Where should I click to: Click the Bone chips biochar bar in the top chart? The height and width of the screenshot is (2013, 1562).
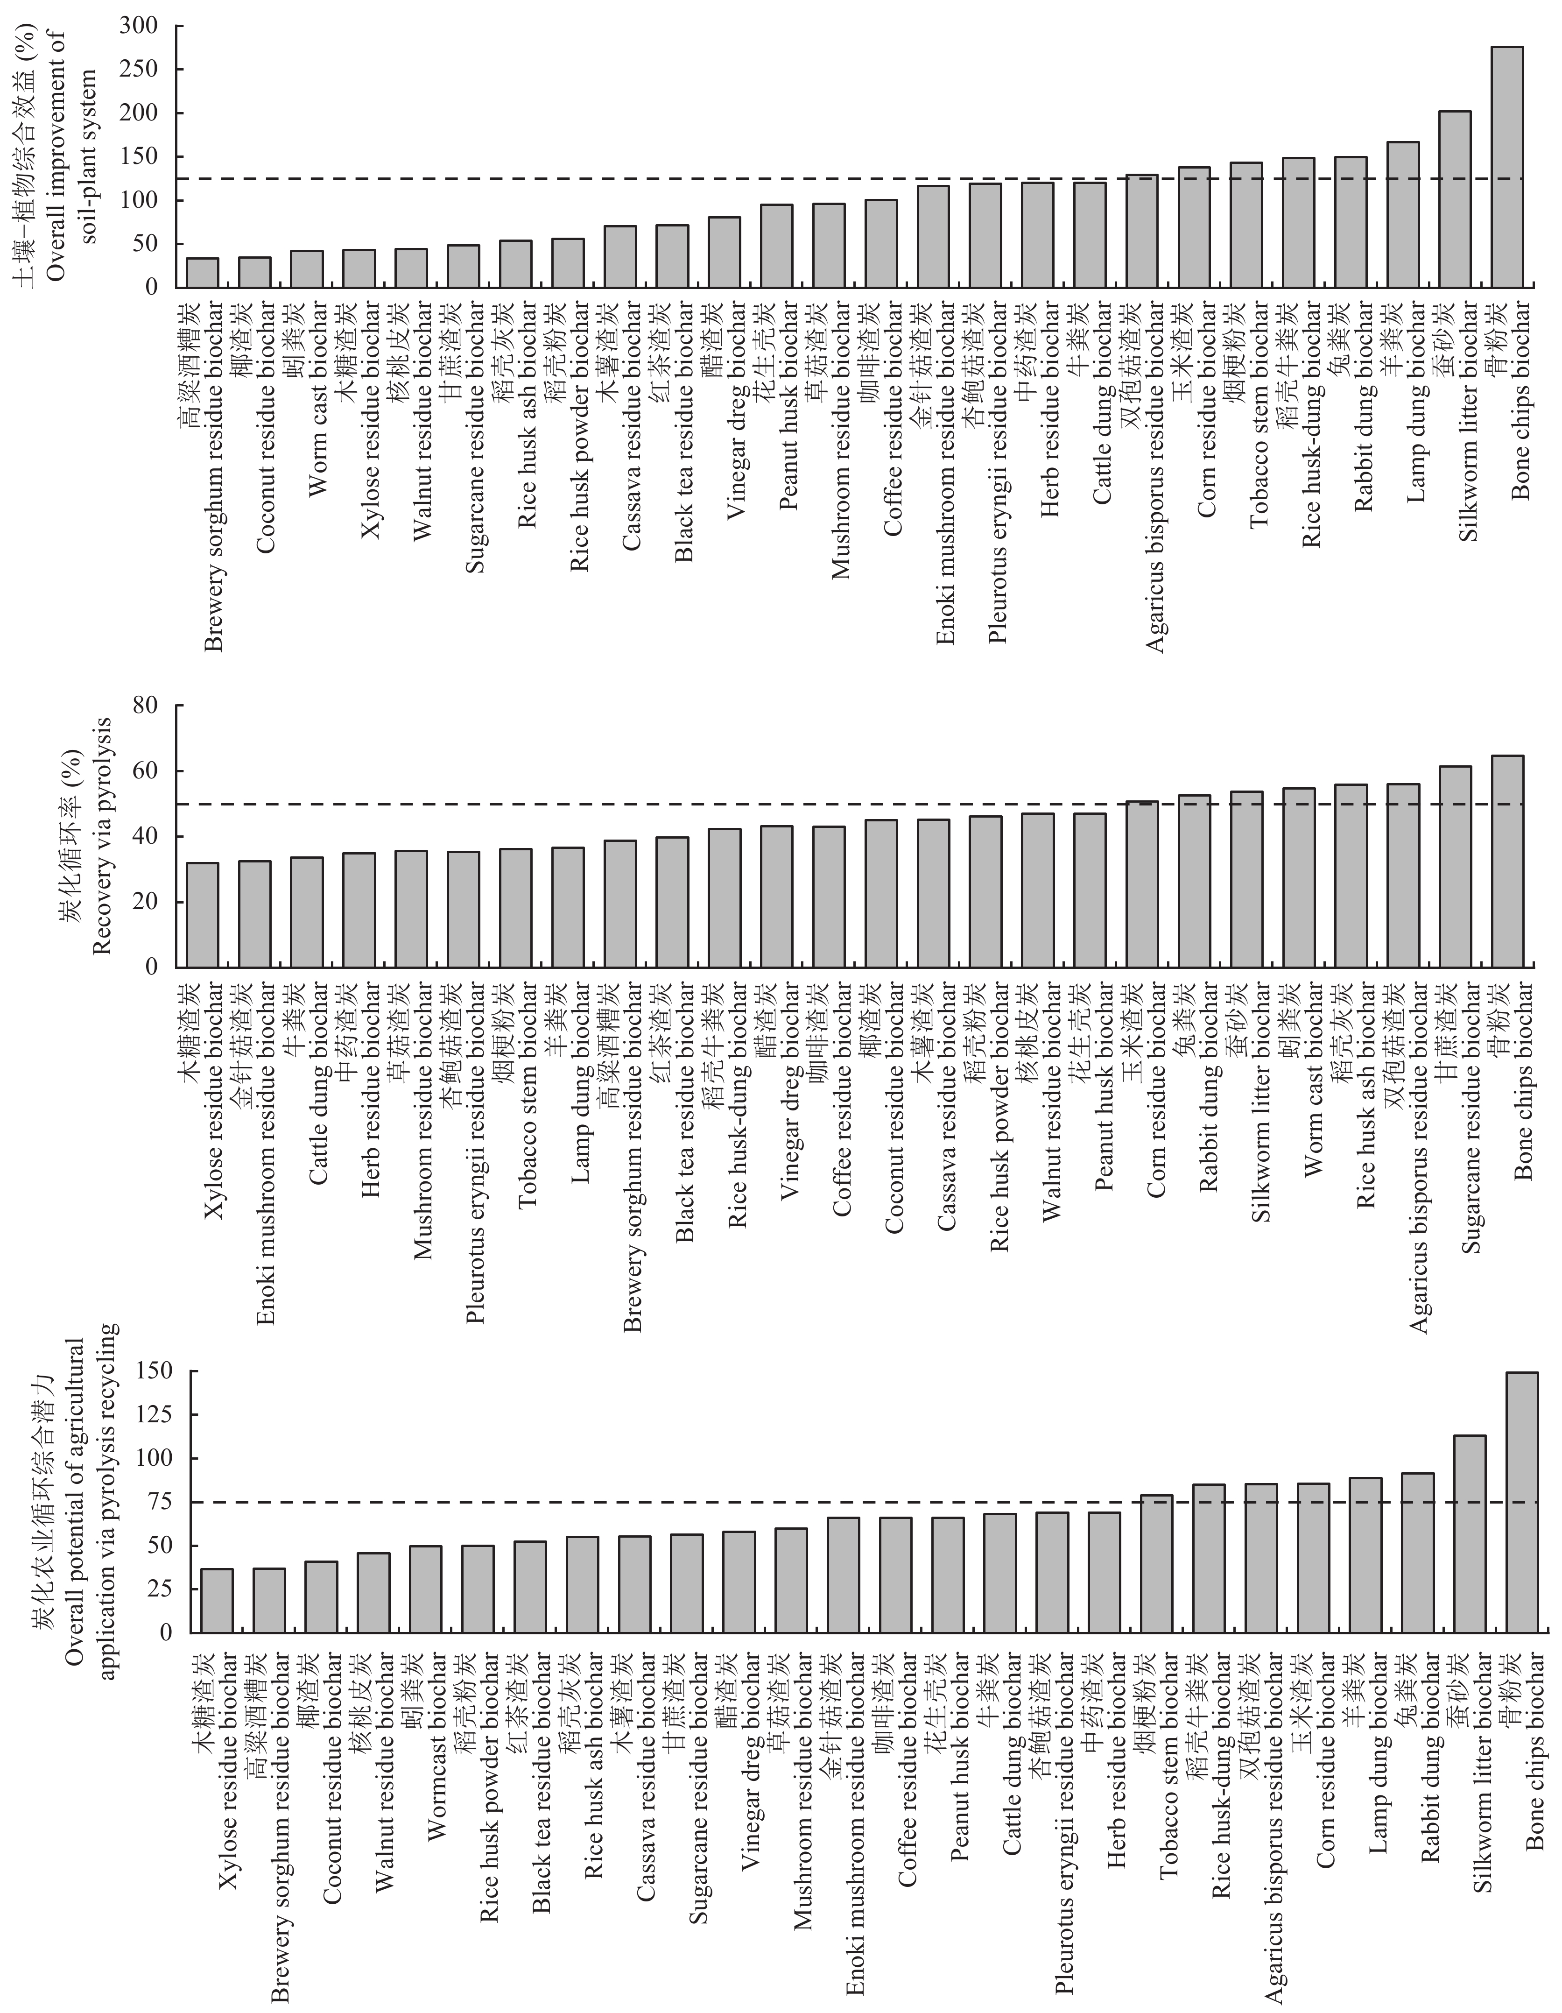click(x=1507, y=167)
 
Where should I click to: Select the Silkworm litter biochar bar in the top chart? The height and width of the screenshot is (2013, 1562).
click(x=1455, y=199)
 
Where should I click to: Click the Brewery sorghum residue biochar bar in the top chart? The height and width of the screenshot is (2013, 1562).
click(x=203, y=273)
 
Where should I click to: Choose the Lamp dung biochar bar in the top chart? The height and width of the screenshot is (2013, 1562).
click(x=1402, y=215)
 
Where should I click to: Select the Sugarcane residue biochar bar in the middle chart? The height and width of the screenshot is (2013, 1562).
click(x=1455, y=866)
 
